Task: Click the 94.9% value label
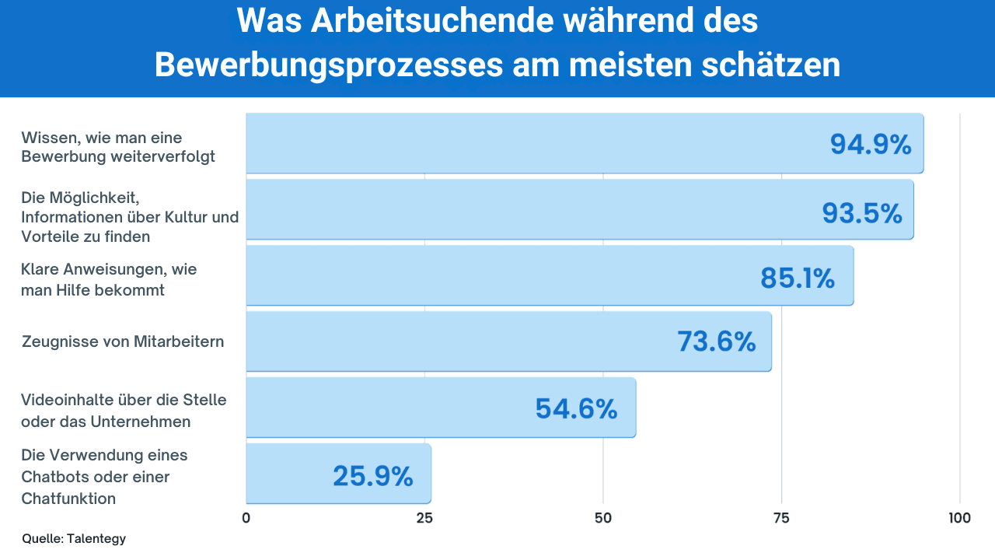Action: (x=871, y=145)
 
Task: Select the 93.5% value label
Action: (x=862, y=213)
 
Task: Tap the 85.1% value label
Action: (x=797, y=278)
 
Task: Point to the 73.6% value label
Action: (x=716, y=341)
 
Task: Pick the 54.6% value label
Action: (x=576, y=409)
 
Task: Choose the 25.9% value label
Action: (x=372, y=476)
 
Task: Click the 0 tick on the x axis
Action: (x=246, y=518)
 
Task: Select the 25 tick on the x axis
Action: (x=424, y=518)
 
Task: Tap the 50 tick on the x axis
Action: (x=603, y=518)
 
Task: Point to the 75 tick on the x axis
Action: (x=781, y=518)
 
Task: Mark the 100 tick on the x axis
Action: (x=960, y=518)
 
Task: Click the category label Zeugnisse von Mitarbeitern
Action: (x=123, y=341)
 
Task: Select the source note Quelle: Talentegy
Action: (x=74, y=538)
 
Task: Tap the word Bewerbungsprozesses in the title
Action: (x=328, y=65)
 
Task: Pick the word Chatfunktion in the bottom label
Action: (x=68, y=499)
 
